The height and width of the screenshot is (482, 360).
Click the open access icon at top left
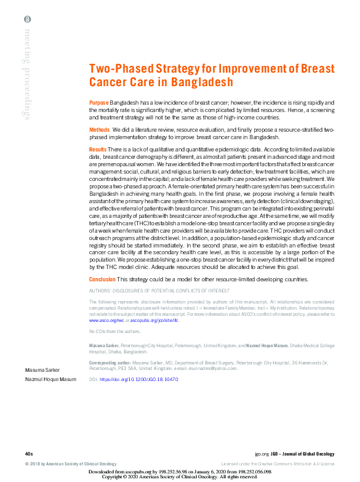(x=28, y=20)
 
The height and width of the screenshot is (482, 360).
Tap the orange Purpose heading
(x=98, y=102)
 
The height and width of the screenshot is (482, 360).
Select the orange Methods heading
(x=100, y=131)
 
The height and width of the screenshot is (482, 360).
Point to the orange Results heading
(x=98, y=150)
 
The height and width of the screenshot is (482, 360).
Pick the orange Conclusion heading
(x=102, y=279)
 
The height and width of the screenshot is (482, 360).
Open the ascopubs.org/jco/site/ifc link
(x=154, y=321)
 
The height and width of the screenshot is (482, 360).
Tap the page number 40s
(x=29, y=452)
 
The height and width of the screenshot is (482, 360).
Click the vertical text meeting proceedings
(x=28, y=74)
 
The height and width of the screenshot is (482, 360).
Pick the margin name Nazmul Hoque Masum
(x=50, y=380)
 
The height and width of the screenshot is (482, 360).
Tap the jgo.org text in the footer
(x=262, y=452)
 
